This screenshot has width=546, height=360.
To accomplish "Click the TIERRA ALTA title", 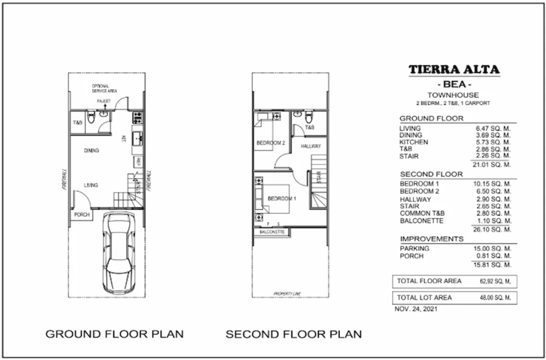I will [x=454, y=70].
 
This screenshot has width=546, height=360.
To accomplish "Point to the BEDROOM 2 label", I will [x=271, y=143].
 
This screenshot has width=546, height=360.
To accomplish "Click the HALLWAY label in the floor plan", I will [x=311, y=146].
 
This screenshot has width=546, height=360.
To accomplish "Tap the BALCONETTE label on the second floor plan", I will [x=272, y=233].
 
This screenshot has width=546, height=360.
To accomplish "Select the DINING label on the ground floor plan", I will [x=91, y=151].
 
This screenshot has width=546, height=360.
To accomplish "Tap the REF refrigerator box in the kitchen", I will [x=137, y=162].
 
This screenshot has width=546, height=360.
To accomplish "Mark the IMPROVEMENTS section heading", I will [x=431, y=239].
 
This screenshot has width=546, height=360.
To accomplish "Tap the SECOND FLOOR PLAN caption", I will [x=293, y=334].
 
